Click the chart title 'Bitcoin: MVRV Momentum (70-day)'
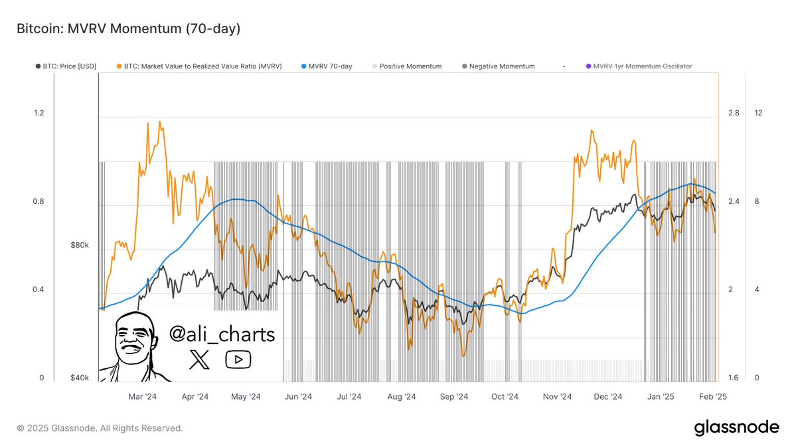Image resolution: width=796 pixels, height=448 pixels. point(128,29)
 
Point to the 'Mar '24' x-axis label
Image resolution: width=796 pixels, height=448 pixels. point(142,397)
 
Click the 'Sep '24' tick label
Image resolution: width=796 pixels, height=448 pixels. point(454,397)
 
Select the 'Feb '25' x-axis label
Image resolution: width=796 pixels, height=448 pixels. point(712,397)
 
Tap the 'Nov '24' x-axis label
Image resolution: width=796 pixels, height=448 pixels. point(557,397)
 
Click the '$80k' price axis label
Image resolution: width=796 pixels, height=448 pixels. point(79,246)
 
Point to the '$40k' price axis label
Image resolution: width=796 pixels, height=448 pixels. point(79,378)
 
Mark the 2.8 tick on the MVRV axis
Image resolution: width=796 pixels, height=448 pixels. point(734,113)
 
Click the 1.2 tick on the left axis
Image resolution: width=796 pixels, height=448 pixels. point(39,113)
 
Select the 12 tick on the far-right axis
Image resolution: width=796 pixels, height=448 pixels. point(758,113)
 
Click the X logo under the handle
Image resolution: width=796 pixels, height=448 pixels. point(199,360)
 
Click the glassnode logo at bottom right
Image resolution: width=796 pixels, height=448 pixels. point(736,428)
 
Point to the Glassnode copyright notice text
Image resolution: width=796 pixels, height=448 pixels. point(100,428)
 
